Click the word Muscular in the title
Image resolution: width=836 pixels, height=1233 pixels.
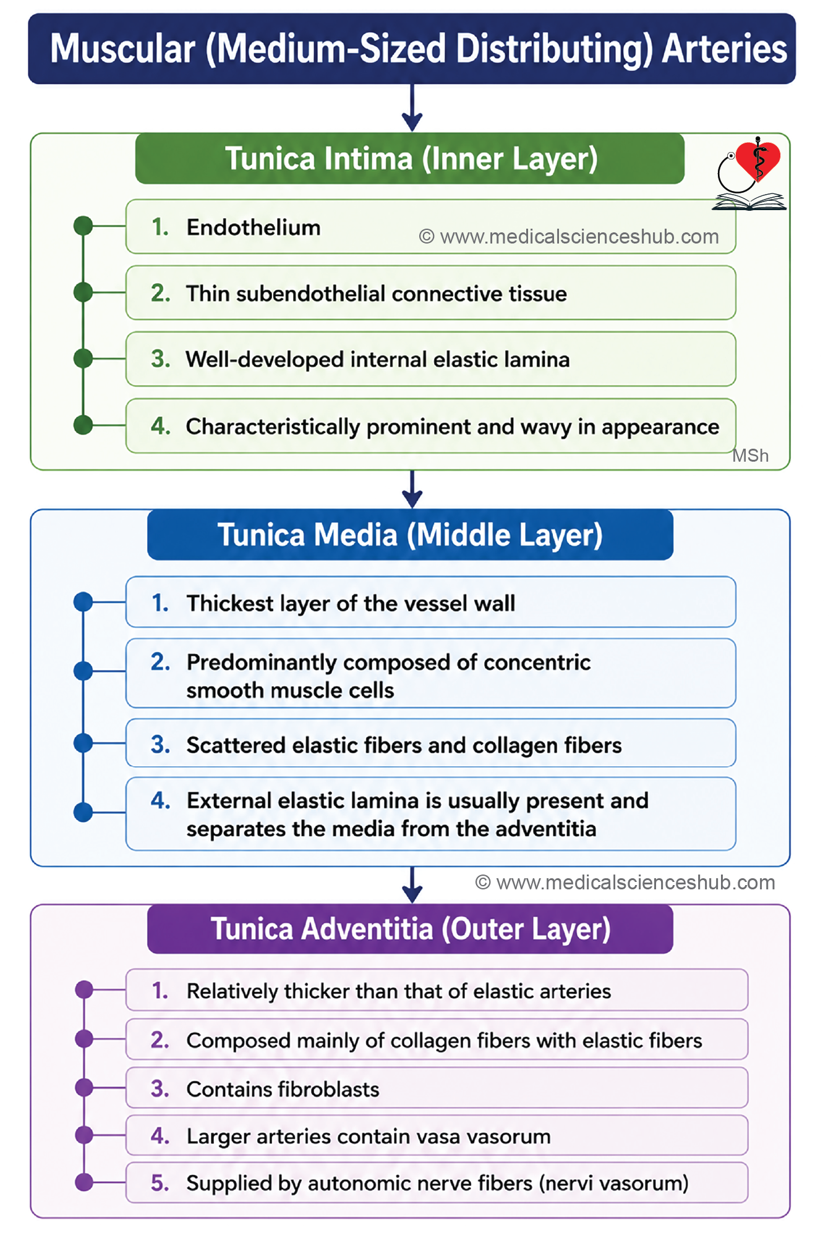[x=122, y=49]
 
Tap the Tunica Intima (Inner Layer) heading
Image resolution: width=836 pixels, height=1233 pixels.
[x=411, y=159]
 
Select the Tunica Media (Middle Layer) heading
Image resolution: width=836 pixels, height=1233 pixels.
[x=410, y=535]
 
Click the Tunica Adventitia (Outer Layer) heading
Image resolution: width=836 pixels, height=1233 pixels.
[x=411, y=929]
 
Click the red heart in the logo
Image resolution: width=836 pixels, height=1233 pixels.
[x=759, y=159]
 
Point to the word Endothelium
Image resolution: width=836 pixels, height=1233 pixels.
[x=254, y=227]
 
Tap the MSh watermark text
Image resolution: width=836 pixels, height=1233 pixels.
[x=750, y=455]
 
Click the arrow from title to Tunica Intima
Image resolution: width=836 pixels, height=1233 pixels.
[x=412, y=108]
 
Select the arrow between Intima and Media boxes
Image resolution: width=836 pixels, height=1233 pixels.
[x=412, y=489]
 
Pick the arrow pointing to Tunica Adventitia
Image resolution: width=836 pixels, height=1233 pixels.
[x=412, y=885]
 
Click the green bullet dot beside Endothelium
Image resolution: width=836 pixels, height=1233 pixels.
[x=83, y=226]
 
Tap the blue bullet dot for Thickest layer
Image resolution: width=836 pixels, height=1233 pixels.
[x=83, y=602]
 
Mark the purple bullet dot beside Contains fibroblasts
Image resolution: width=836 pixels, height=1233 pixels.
[x=84, y=1087]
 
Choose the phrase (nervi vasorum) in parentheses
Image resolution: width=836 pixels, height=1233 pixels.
[x=614, y=1184]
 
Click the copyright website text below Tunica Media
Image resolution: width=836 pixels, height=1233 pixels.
[x=625, y=883]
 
